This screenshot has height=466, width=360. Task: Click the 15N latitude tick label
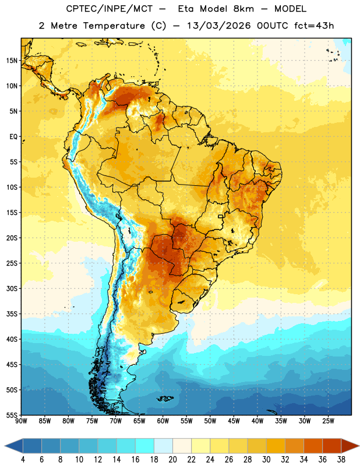pyautogui.click(x=12, y=61)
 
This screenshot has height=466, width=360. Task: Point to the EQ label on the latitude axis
pyautogui.click(x=13, y=137)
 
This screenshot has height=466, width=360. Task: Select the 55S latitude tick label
pyautogui.click(x=12, y=415)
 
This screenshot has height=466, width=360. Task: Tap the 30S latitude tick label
pyautogui.click(x=12, y=288)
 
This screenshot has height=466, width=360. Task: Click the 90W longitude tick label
pyautogui.click(x=21, y=421)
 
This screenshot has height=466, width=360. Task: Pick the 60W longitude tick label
pyautogui.click(x=163, y=421)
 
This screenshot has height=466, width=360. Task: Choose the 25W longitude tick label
pyautogui.click(x=328, y=421)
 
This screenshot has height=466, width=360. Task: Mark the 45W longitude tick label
pyautogui.click(x=234, y=421)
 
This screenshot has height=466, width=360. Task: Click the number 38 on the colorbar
pyautogui.click(x=341, y=460)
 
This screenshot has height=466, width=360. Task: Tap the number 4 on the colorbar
pyautogui.click(x=23, y=460)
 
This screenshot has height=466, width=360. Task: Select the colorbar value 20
pyautogui.click(x=172, y=460)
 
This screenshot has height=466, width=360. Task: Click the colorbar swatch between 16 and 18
pyautogui.click(x=145, y=446)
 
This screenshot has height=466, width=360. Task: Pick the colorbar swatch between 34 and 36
pyautogui.click(x=313, y=446)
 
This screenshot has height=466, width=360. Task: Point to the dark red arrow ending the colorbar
pyautogui.click(x=350, y=446)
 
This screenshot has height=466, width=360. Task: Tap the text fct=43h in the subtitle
pyautogui.click(x=314, y=26)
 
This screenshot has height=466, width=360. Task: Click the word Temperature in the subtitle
pyautogui.click(x=114, y=26)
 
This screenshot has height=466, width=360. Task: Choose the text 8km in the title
pyautogui.click(x=243, y=9)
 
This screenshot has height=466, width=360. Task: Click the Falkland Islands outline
pyautogui.click(x=165, y=398)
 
